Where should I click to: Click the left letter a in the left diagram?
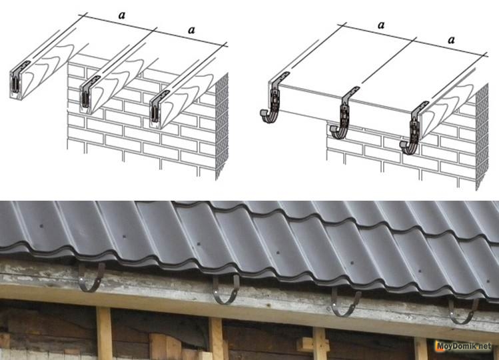121,15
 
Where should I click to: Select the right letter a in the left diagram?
191,30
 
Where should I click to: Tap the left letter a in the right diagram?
381,25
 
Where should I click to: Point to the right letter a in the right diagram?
451,40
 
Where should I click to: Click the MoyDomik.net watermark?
464,346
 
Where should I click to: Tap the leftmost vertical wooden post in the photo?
104,333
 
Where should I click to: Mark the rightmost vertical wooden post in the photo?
421,348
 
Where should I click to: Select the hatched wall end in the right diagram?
482,137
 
